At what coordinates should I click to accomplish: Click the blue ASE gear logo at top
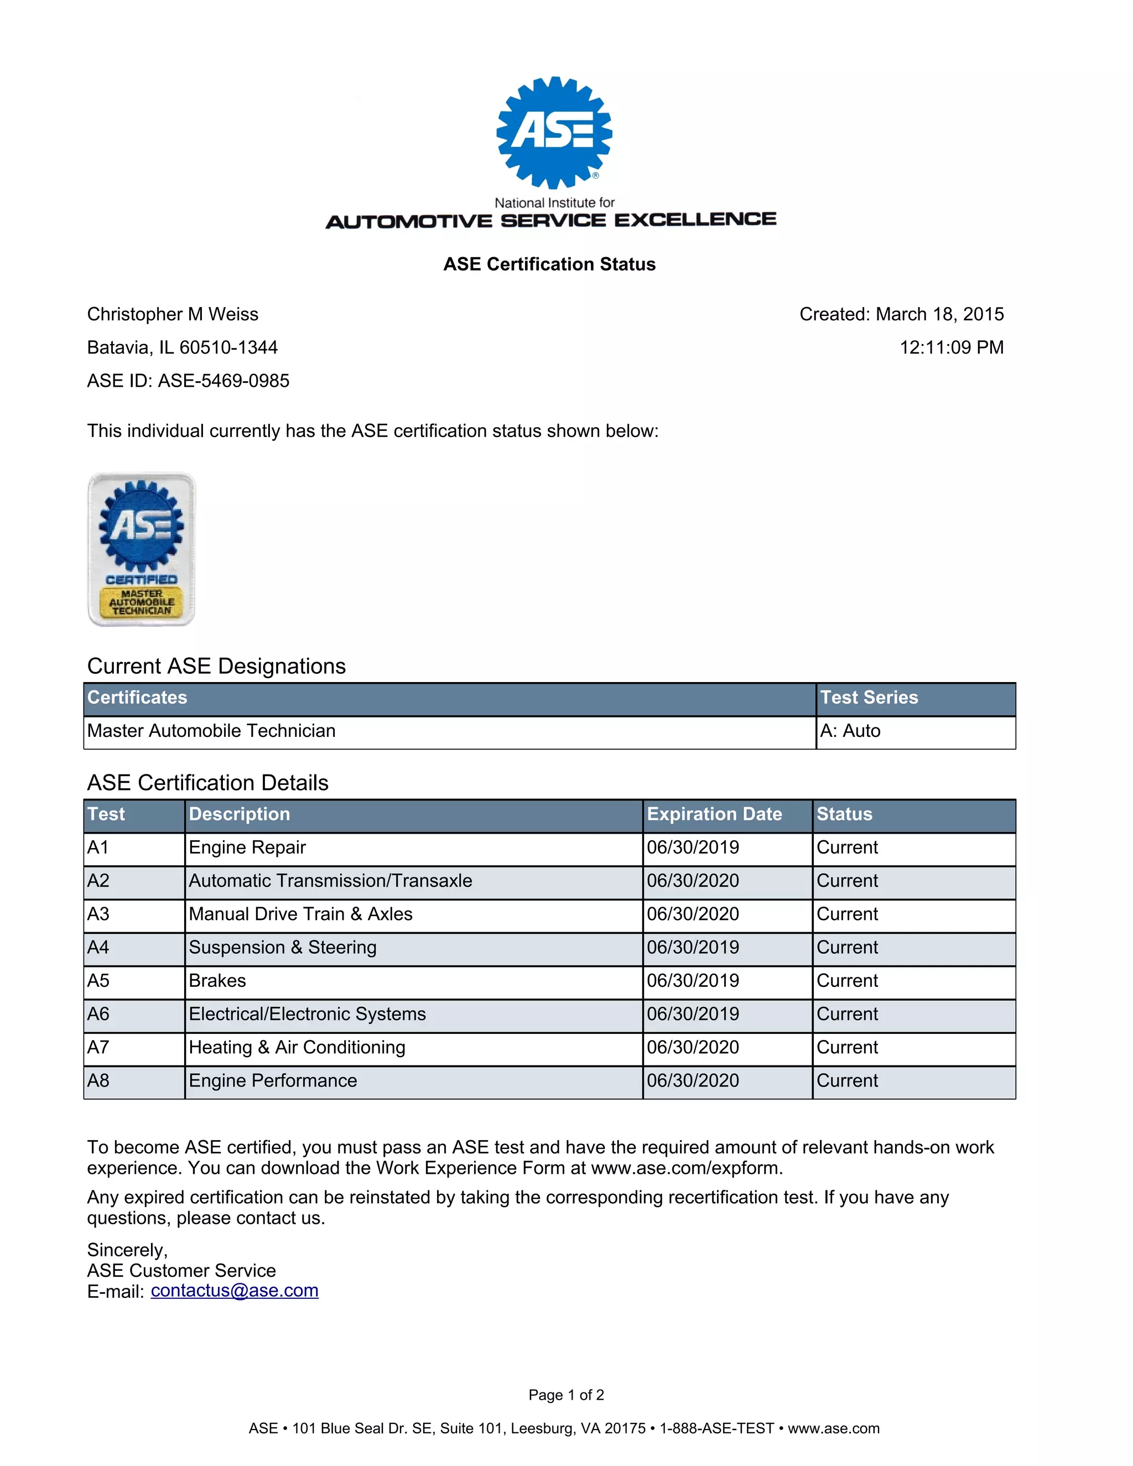[554, 132]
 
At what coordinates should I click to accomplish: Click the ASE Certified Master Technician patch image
[142, 549]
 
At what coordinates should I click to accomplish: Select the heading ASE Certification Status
[549, 264]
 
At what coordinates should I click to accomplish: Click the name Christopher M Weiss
[173, 314]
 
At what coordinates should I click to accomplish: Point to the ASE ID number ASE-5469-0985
[224, 381]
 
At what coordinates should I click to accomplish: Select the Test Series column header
[869, 698]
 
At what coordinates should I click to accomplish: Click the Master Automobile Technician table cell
[211, 730]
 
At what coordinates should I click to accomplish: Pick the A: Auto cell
[850, 730]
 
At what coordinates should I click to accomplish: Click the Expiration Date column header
[714, 814]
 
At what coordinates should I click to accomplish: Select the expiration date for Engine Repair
[693, 847]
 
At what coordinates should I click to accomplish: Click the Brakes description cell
[217, 981]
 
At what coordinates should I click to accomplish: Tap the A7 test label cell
[98, 1047]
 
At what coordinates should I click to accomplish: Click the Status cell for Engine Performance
[847, 1081]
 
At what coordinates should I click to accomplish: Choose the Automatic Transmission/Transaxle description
[330, 881]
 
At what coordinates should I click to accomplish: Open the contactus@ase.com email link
[234, 1291]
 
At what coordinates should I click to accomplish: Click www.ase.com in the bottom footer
[833, 1428]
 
